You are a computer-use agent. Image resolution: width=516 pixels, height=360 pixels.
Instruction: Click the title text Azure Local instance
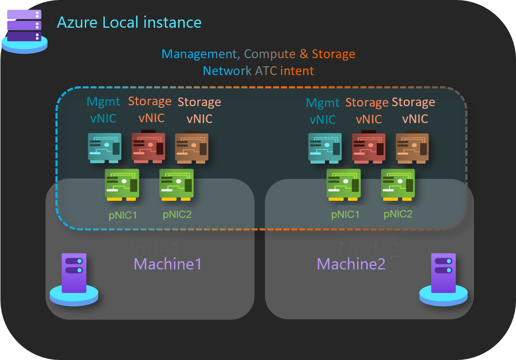129,23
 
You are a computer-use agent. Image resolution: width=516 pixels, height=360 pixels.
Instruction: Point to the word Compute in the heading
270,54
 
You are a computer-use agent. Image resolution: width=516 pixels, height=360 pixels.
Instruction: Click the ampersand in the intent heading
304,54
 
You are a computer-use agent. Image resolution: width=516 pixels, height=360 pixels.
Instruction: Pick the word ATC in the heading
265,71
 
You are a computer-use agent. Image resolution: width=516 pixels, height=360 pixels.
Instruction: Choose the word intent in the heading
297,71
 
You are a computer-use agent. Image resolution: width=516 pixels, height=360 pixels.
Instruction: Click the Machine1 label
168,264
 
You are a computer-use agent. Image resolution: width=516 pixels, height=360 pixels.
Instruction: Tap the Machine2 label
351,264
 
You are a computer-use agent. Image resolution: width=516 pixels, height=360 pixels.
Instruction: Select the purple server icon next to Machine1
74,278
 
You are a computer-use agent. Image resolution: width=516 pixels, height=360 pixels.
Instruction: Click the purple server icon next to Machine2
443,278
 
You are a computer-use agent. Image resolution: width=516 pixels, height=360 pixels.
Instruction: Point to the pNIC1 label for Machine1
123,215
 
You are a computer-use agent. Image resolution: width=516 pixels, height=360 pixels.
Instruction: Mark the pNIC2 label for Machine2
398,214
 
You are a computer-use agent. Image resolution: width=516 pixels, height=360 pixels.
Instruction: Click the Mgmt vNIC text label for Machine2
323,111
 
